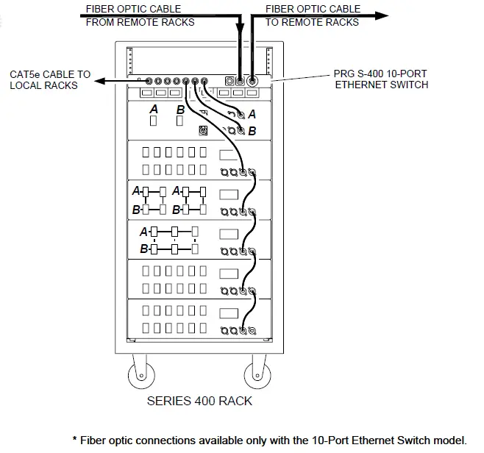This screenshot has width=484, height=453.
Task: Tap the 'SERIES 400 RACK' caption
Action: [x=199, y=401]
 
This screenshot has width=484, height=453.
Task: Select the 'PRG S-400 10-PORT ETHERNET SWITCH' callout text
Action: [x=381, y=79]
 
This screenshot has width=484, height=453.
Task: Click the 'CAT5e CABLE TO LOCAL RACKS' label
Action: [x=50, y=80]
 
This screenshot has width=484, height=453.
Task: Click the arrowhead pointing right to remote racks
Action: [x=382, y=15]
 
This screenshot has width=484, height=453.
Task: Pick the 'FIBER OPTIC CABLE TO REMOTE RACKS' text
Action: [x=313, y=15]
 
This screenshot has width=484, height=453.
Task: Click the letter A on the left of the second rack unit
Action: [x=154, y=109]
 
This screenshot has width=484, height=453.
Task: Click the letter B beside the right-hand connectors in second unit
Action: [x=252, y=131]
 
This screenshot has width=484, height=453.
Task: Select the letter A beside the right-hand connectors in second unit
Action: [x=252, y=114]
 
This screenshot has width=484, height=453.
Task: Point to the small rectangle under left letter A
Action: [x=154, y=121]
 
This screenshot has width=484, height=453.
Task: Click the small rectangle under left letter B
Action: [x=181, y=121]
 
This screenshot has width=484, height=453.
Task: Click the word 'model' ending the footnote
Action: [x=450, y=440]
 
